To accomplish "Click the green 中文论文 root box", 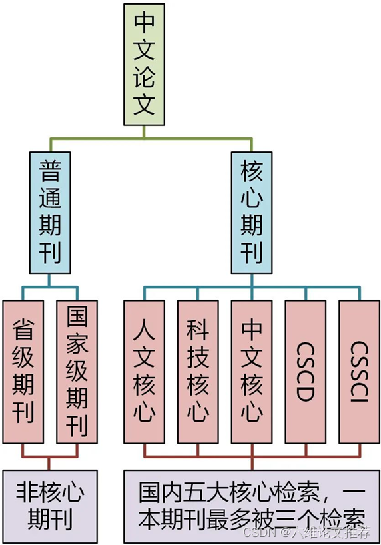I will tap(144, 65).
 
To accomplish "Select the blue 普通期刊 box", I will tap(50, 212).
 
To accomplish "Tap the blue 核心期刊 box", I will tap(251, 212).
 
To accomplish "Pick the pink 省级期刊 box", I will tap(23, 371).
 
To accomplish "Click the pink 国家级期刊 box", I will tap(77, 371).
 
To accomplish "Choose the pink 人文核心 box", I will tap(144, 371).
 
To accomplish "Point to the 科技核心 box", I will tap(198, 371).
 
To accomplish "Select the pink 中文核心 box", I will tap(251, 371).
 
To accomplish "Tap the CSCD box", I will tap(305, 371).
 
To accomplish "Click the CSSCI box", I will tap(358, 371).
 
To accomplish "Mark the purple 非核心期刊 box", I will tap(50, 506).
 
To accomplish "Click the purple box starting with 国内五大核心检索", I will tap(251, 506).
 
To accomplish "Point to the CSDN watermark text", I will tap(306, 532).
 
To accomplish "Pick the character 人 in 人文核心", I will tap(144, 328).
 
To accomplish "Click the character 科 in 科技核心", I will tap(198, 328).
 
